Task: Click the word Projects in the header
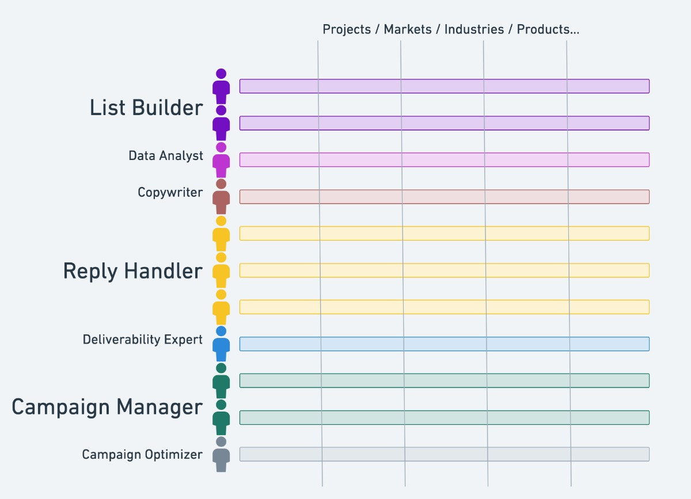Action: [347, 30]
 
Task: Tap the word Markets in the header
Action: [408, 30]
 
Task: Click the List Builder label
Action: [146, 108]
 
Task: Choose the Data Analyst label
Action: [166, 156]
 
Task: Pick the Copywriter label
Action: [170, 192]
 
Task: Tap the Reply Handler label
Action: [132, 271]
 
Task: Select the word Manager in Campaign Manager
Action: [161, 407]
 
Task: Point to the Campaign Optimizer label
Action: [142, 455]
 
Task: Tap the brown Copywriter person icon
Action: [221, 197]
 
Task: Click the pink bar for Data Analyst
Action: [444, 160]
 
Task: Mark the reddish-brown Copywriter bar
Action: [444, 197]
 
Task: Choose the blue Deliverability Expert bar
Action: [444, 344]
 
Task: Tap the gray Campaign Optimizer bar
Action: [444, 454]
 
